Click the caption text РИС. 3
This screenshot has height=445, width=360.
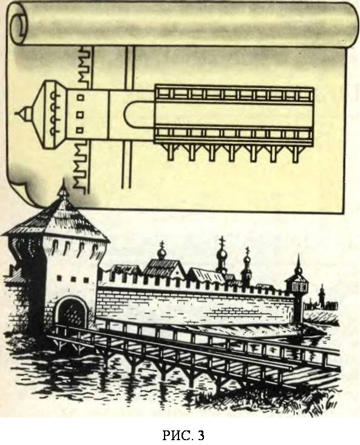pos(183,435)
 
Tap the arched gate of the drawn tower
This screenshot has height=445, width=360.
pos(72,312)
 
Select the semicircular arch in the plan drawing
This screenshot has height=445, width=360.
pos(133,115)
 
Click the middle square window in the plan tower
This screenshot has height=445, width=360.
pos(81,114)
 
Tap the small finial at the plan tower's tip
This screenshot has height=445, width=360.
pos(24,114)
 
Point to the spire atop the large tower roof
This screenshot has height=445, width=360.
pos(63,189)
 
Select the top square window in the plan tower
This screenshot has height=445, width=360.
pos(81,97)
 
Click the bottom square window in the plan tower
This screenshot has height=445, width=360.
pos(81,131)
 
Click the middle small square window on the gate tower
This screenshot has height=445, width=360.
pos(73,279)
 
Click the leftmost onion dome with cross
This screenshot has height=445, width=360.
pos(161,252)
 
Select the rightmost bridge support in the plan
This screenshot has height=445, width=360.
pos(295,153)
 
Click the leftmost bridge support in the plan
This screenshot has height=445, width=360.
pos(170,152)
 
